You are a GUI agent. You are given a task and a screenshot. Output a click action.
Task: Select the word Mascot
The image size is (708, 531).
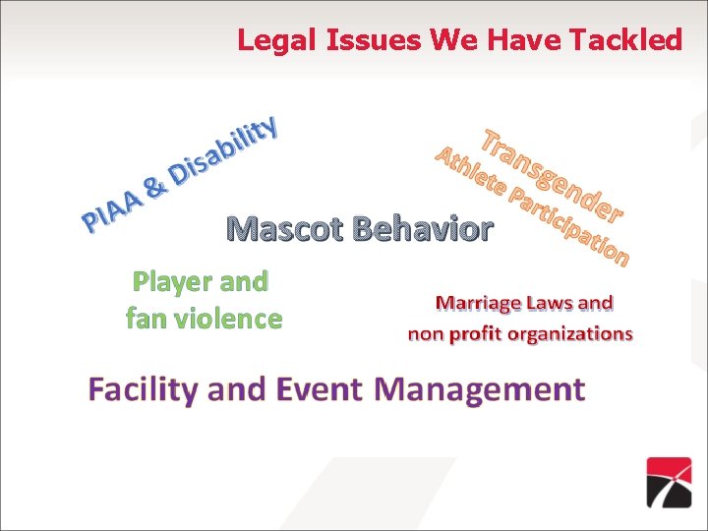(284, 229)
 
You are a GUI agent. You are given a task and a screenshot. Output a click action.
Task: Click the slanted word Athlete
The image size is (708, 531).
(472, 170)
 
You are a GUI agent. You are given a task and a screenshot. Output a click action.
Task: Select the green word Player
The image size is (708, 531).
(167, 282)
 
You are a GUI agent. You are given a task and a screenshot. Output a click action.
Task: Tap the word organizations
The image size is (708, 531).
(568, 334)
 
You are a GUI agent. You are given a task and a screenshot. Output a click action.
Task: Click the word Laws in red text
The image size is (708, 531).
(559, 303)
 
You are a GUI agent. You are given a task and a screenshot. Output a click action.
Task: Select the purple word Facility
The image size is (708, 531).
(143, 389)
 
